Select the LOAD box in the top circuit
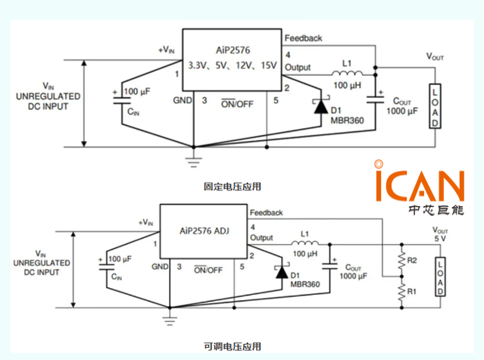click(x=435, y=105)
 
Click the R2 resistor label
click(x=413, y=260)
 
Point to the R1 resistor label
click(x=413, y=290)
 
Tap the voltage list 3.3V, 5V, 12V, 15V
click(x=233, y=65)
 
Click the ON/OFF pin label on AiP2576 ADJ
click(x=208, y=268)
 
